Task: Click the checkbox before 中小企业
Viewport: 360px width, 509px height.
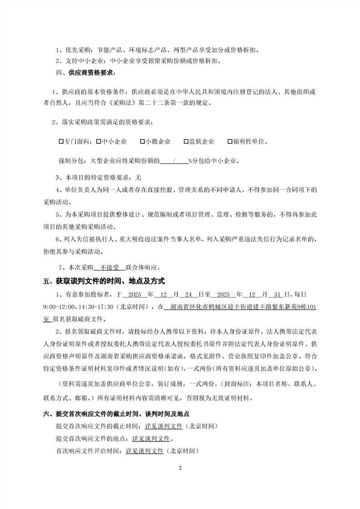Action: click(99, 142)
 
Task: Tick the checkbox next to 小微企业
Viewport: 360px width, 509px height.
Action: click(143, 142)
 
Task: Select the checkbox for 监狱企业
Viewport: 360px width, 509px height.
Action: click(186, 142)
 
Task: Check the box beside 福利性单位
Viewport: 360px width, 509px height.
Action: click(230, 142)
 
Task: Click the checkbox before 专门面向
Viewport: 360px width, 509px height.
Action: click(61, 142)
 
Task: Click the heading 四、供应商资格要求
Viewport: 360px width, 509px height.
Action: click(85, 73)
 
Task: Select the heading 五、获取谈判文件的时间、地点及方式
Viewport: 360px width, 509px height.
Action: click(104, 282)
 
